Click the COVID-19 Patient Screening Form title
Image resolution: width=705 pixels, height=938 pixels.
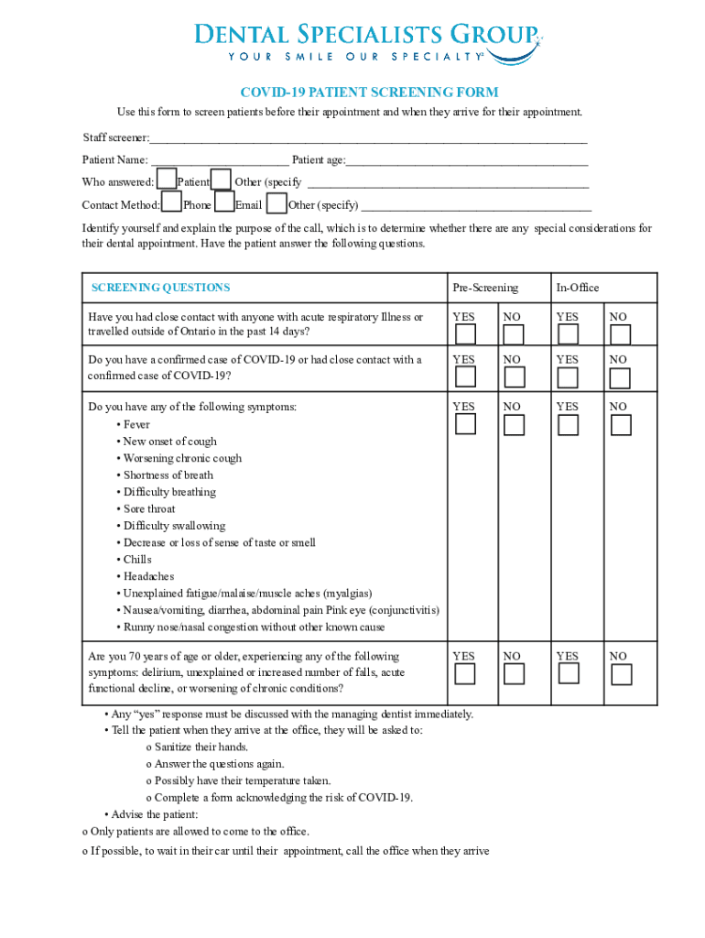369,93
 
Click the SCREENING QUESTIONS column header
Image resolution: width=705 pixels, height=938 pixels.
160,288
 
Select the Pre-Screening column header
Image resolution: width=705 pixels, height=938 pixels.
485,288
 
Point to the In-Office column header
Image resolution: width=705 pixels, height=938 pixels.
578,288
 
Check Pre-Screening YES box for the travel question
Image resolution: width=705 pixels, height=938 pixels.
466,333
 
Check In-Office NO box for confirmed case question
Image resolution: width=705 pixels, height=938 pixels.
621,376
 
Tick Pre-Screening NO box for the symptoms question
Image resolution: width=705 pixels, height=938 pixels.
514,424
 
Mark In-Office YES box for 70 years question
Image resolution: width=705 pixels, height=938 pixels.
569,673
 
